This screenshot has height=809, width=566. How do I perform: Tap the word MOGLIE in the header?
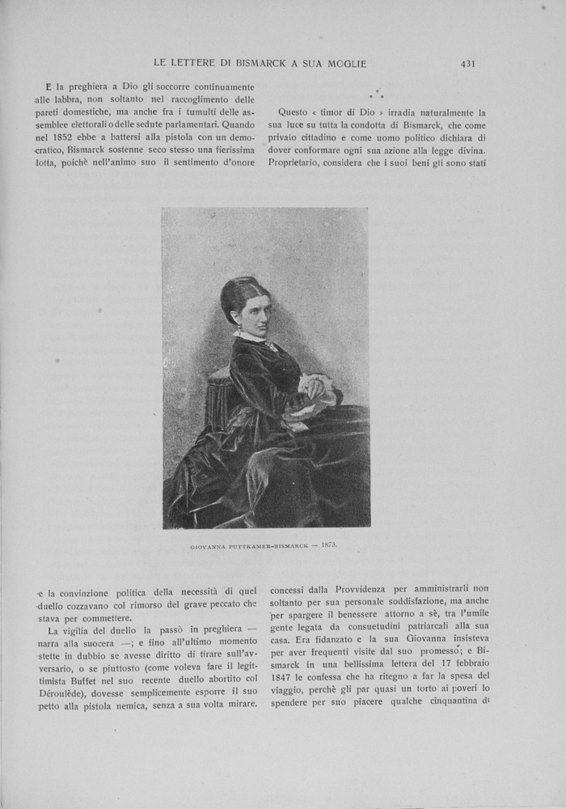(x=345, y=63)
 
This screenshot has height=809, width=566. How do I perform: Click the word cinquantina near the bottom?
(x=459, y=703)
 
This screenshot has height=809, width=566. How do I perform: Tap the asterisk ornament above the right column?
(x=377, y=95)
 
